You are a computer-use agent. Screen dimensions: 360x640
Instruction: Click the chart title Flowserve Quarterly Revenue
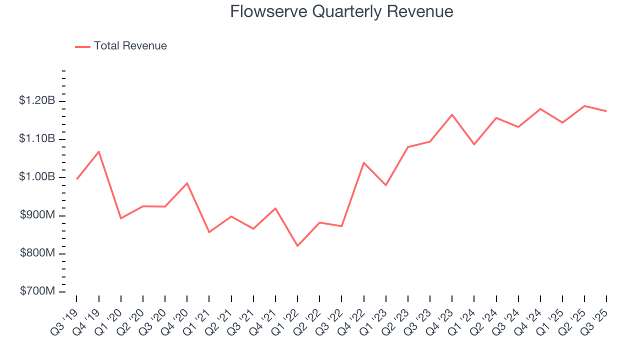tap(341, 11)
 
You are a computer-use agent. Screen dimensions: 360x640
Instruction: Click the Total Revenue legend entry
tap(130, 46)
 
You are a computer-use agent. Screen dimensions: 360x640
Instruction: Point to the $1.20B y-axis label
tap(37, 101)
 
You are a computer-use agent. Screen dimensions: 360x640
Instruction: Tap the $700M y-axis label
tap(37, 291)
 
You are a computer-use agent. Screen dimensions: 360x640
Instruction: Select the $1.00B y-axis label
tap(37, 177)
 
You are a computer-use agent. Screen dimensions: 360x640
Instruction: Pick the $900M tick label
tap(37, 215)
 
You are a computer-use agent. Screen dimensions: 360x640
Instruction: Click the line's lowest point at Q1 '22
tap(297, 246)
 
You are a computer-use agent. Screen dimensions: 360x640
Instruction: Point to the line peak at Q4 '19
tap(99, 151)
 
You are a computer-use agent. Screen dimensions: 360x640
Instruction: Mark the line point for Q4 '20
tap(187, 183)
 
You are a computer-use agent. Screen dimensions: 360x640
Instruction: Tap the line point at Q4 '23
tap(452, 114)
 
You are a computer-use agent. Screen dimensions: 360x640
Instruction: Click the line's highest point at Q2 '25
tap(584, 105)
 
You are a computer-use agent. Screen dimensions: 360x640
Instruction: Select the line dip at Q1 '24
tap(474, 144)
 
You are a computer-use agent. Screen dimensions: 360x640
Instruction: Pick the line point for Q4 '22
tap(363, 162)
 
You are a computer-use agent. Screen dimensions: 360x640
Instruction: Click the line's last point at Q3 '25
tap(606, 111)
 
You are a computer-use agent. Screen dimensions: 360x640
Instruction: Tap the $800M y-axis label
tap(37, 253)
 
